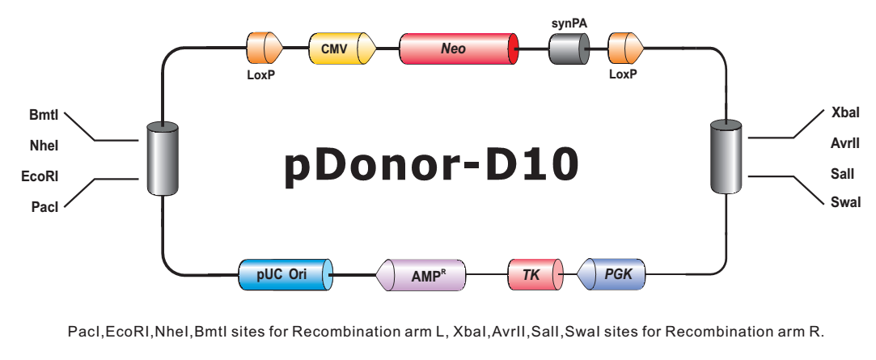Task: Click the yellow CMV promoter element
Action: click(x=342, y=49)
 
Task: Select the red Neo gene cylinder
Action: click(x=459, y=49)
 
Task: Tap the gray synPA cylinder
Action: click(x=569, y=49)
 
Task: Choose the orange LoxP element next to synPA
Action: click(x=625, y=49)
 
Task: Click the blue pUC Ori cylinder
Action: click(x=286, y=274)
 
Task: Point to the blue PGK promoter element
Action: click(x=610, y=274)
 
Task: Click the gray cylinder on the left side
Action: click(x=163, y=159)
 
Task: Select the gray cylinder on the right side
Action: click(x=726, y=156)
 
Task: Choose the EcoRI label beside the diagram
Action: click(x=40, y=176)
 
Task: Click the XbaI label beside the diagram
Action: click(x=845, y=112)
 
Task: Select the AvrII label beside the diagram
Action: click(x=845, y=143)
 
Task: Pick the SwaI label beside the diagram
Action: click(x=846, y=201)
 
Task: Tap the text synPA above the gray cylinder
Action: click(x=569, y=23)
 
